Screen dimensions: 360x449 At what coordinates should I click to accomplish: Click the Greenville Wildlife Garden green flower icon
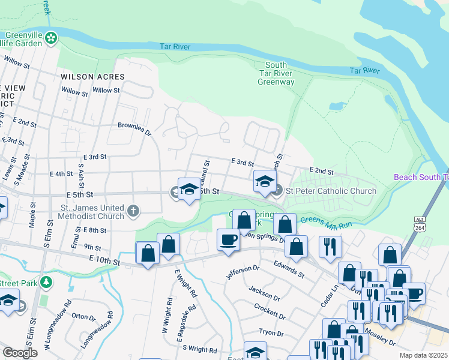coord(52,38)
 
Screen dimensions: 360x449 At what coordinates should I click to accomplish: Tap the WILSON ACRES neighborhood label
coord(92,77)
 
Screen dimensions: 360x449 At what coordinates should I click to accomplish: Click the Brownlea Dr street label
coord(134,127)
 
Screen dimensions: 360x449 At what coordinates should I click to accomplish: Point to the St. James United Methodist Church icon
coord(133,211)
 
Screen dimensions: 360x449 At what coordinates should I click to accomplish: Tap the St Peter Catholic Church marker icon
coord(277,191)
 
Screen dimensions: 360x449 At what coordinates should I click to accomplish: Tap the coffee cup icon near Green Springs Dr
coord(228,239)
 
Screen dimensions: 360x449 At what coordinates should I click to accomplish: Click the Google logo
coord(20,353)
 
